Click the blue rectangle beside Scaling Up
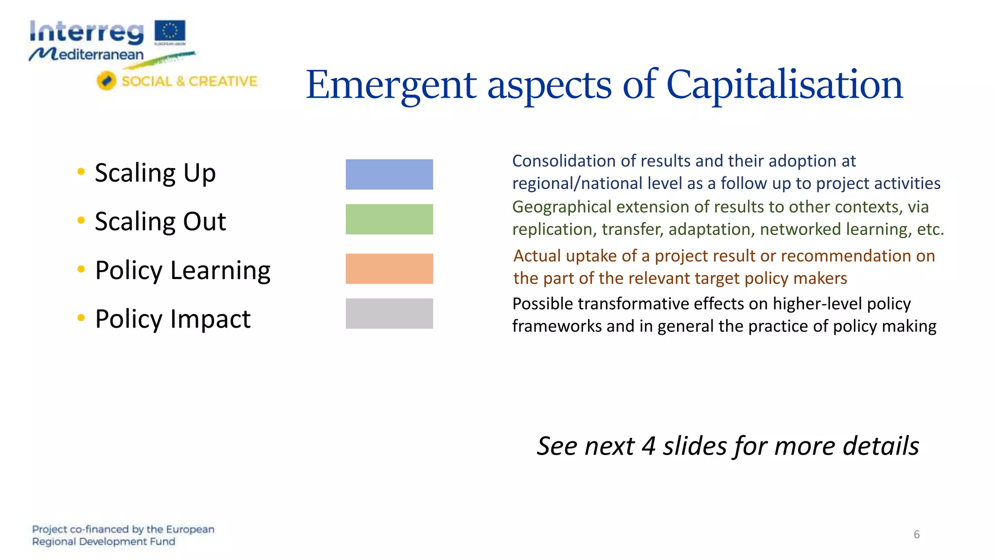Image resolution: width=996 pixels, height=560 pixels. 389,175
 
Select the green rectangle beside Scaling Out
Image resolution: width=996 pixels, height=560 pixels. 389,219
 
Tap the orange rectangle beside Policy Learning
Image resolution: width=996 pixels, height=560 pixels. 389,269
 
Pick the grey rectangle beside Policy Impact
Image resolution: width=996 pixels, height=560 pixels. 389,314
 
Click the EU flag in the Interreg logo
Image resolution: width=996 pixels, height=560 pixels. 170,31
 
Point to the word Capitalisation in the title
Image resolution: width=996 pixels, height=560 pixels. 784,85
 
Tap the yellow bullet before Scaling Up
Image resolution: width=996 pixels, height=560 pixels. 81,172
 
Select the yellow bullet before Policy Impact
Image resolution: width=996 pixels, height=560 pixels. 81,318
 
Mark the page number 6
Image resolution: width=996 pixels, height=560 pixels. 916,535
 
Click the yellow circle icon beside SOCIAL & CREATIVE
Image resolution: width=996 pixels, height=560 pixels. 107,81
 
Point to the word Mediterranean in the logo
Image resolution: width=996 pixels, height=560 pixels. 88,54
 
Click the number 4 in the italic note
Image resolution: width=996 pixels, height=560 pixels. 648,446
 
